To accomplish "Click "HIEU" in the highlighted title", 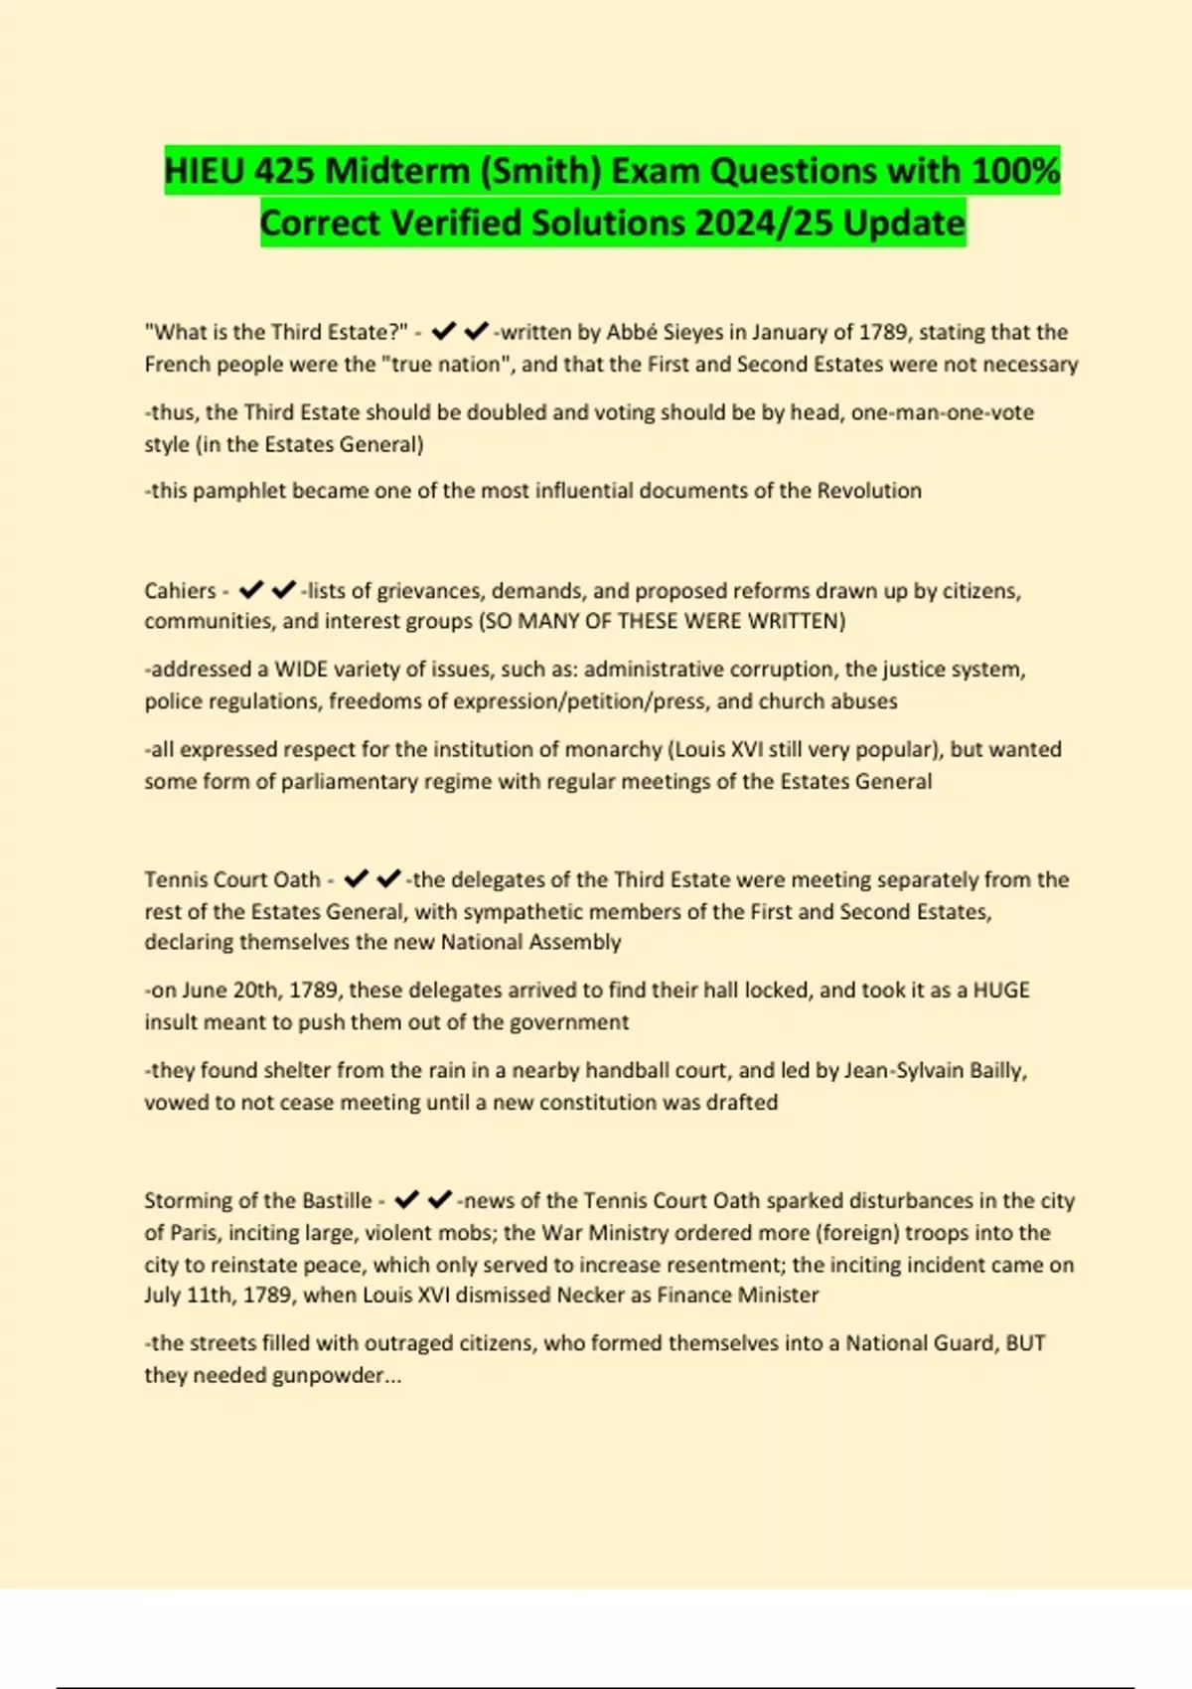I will (x=204, y=171).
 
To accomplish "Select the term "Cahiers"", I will (x=180, y=591).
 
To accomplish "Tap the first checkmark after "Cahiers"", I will (x=251, y=590).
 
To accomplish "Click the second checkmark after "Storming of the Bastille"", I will (x=440, y=1200).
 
